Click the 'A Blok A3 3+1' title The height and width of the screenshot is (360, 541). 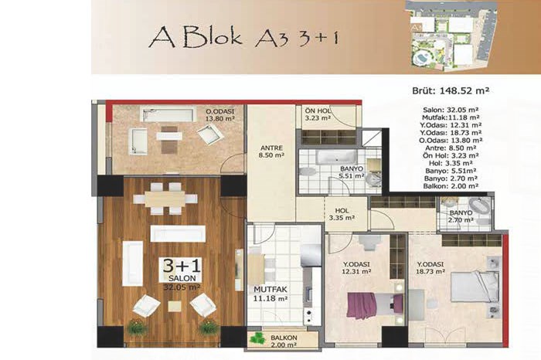coord(243,36)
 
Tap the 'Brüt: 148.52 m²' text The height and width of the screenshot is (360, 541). coord(451,90)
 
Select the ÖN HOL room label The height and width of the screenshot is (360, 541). coord(318,114)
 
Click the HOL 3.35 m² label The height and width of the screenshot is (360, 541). coord(342,214)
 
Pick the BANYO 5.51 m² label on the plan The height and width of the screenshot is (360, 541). coord(352,172)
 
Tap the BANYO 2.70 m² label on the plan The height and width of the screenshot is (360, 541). coord(461,216)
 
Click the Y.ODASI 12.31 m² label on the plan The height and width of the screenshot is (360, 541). coord(356,267)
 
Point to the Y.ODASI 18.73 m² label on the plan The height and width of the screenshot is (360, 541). coord(430,268)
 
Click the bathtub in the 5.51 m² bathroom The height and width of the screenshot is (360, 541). coord(337,158)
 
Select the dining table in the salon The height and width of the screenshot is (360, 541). coord(165,199)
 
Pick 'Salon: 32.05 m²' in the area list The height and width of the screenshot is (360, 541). coord(451,110)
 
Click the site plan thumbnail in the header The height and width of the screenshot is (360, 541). coord(452,36)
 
